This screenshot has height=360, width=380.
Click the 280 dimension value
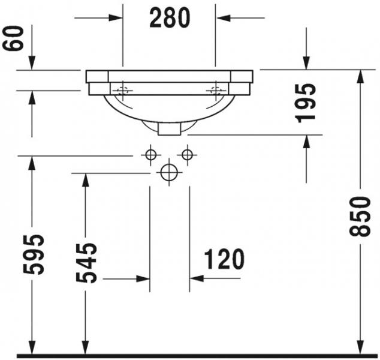[170, 18]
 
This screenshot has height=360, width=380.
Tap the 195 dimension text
[306, 103]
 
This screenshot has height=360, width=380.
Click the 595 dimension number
[37, 254]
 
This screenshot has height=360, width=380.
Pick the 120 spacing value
[224, 259]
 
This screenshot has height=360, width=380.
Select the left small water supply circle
[150, 155]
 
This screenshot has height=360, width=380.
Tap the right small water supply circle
[188, 155]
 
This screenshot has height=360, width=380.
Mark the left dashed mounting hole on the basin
[123, 91]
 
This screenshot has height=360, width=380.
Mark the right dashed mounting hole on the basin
[215, 91]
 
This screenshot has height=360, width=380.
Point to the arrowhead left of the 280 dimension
[116, 18]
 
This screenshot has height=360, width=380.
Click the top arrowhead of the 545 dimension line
[86, 179]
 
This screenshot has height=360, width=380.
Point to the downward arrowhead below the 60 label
[32, 64]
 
